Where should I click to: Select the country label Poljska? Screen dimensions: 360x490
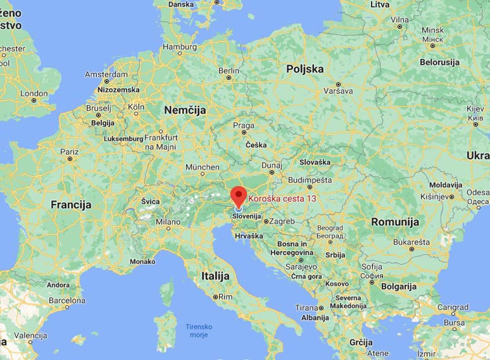point(305,69)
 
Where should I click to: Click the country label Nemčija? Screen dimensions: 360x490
point(185,110)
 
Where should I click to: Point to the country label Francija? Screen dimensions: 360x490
point(71,205)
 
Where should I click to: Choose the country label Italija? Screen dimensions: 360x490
point(215,276)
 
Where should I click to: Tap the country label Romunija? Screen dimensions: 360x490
point(395,222)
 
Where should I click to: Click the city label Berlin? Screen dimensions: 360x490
point(229,71)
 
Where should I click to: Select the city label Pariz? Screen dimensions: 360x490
point(69,152)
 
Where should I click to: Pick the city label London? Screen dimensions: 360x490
point(34,93)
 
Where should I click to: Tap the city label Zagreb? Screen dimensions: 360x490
point(283,222)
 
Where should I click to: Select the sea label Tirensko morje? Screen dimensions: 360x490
point(199,330)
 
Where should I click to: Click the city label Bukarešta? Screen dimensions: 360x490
point(413,241)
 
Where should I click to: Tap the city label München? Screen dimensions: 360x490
point(202,167)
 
